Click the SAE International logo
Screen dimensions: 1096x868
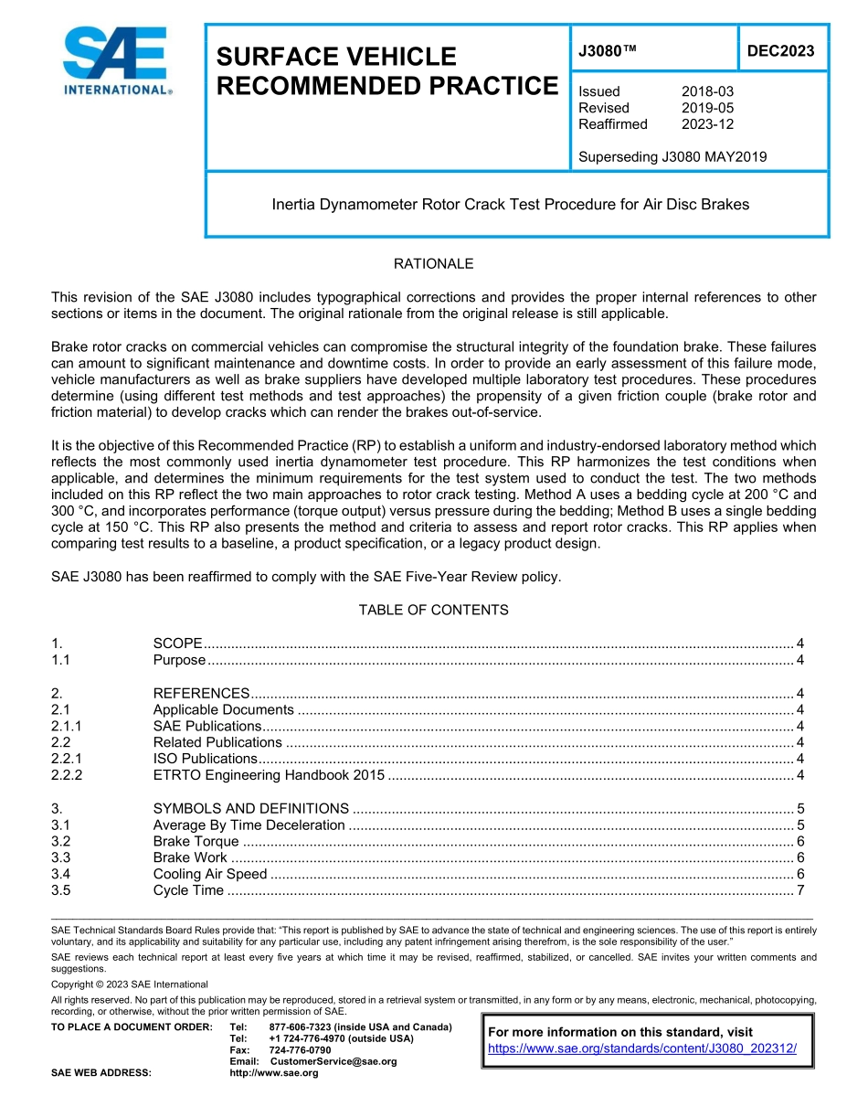pos(115,62)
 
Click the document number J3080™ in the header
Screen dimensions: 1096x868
pos(607,51)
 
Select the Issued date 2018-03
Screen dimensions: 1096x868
pos(707,91)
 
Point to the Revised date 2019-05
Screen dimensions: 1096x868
pos(707,108)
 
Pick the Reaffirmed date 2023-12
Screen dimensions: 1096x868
pos(707,124)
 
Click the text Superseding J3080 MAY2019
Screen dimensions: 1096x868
pos(672,156)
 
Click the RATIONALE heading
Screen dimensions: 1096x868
pos(433,264)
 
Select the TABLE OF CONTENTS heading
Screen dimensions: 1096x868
pos(433,610)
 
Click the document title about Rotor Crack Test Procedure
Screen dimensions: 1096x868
pos(510,205)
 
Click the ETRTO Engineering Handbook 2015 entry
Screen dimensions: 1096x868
pos(269,775)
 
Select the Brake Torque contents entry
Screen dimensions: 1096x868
pos(196,841)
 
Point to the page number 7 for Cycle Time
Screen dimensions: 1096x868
pos(799,890)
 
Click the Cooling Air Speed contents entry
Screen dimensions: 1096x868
pos(210,874)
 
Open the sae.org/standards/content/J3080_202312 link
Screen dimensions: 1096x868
pos(642,1048)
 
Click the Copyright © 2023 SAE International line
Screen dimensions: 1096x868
pos(130,984)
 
